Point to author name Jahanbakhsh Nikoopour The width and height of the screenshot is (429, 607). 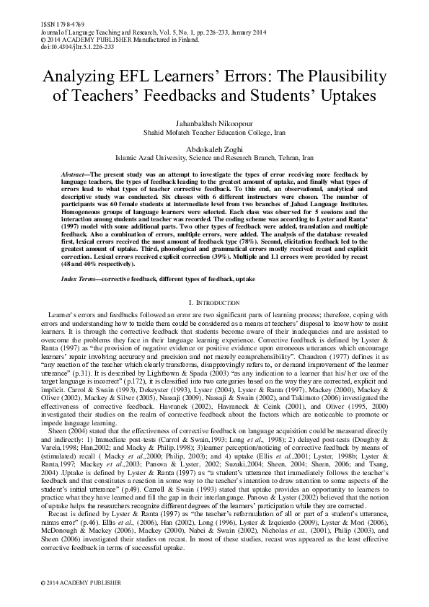214,123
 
